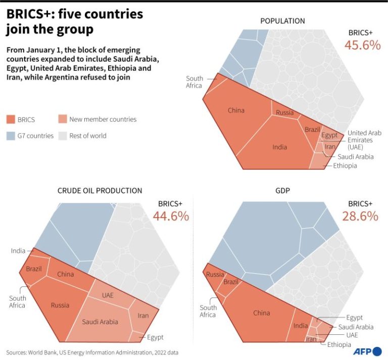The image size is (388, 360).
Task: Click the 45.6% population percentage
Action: coord(362,44)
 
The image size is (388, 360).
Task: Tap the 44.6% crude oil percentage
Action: coord(171,216)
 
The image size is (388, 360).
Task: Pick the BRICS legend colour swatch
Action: coord(11,120)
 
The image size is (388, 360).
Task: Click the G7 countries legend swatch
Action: coord(11,135)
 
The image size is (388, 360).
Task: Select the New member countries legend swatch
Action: coord(62,120)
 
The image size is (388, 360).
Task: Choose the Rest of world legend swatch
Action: coord(62,135)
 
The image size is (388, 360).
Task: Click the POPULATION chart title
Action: coord(282,21)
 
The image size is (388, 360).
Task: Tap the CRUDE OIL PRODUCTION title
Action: coord(100,190)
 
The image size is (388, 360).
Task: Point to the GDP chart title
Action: coord(283,190)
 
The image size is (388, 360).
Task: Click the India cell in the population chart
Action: coord(279,146)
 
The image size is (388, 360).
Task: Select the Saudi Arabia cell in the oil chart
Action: coord(100,321)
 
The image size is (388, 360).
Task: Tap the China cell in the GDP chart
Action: coord(261,313)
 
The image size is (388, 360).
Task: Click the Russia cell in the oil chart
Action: coord(60,305)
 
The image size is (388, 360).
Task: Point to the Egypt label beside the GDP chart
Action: coord(354,318)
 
